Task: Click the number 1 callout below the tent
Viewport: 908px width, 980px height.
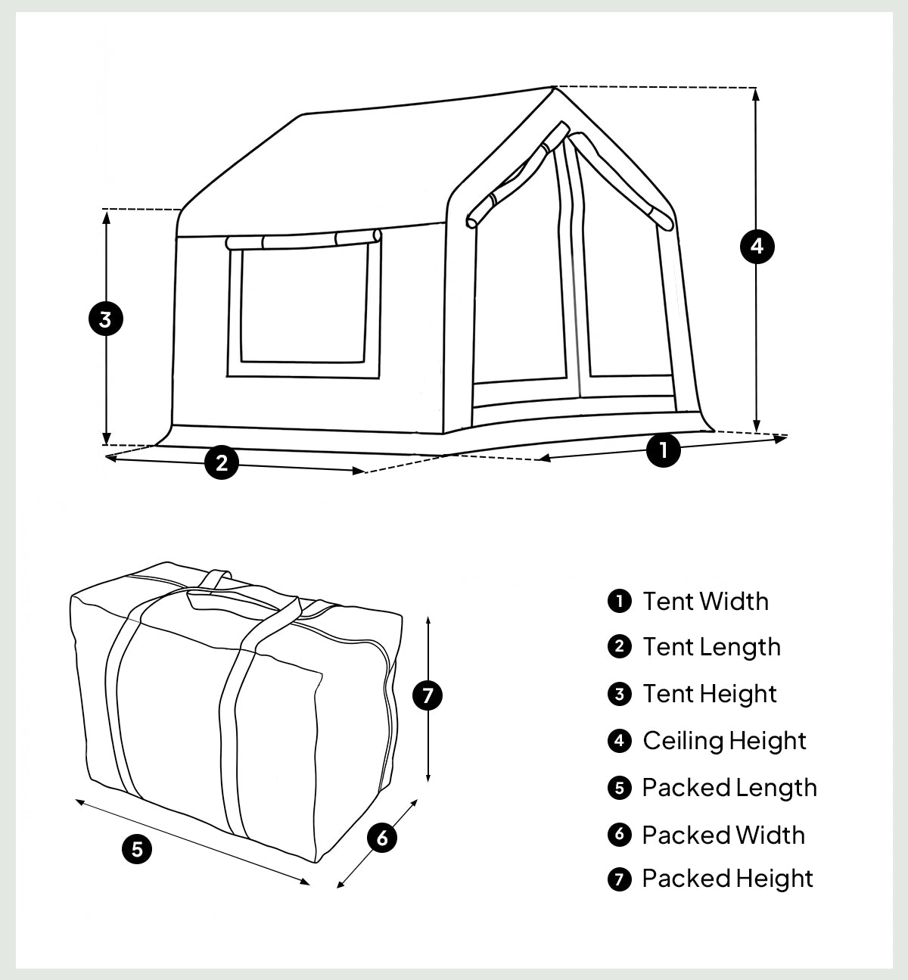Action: (x=664, y=450)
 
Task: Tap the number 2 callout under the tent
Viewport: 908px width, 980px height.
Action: (x=222, y=462)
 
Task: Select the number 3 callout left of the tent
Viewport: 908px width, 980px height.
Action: (x=106, y=319)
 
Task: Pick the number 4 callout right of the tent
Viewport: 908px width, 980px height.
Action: (x=757, y=246)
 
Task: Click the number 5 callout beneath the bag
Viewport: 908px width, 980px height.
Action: (x=137, y=849)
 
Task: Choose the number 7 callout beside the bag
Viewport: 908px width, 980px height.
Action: (x=428, y=695)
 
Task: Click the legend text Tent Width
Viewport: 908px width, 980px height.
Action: (x=706, y=602)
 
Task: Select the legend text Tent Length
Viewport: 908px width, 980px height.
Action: (x=711, y=647)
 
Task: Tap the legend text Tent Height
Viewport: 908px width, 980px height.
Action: (x=710, y=694)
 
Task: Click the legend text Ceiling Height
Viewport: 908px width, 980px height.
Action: (x=724, y=741)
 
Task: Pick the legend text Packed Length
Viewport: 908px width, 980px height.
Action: (x=729, y=788)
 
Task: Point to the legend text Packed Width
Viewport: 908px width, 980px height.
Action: (x=723, y=835)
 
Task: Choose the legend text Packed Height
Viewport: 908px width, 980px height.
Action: (x=727, y=879)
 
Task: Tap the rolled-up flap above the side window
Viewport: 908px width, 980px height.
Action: (x=303, y=241)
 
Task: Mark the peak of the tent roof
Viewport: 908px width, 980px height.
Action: (x=554, y=87)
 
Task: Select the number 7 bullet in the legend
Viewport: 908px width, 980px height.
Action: (x=619, y=879)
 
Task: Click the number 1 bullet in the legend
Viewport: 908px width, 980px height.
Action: (x=619, y=602)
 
